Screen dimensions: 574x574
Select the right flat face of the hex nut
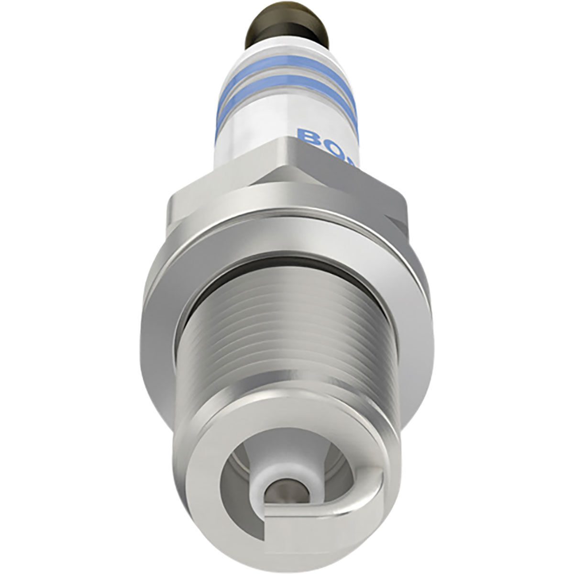point(354,191)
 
